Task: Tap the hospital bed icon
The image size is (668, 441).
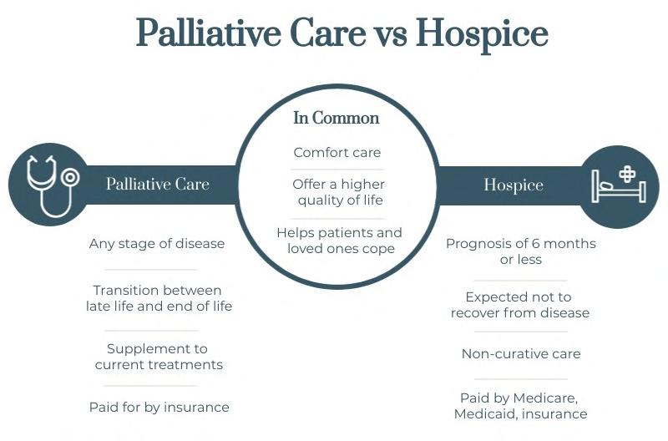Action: point(619,185)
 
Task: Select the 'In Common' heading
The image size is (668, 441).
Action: point(336,118)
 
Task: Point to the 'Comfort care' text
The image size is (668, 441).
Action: point(337,153)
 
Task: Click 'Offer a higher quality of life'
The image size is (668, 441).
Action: point(338,192)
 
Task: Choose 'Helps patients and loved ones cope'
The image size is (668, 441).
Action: point(339,241)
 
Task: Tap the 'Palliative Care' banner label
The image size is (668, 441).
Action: point(157,184)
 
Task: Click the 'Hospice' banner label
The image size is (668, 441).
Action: point(513,185)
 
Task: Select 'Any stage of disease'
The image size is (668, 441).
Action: point(157,244)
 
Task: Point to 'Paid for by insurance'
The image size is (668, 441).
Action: point(159,408)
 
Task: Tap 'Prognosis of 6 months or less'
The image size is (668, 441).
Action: point(520,251)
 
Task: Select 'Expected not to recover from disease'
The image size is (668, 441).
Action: point(520,305)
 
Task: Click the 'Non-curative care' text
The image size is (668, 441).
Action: point(521,353)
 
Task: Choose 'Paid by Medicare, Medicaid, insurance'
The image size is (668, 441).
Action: point(520,406)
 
